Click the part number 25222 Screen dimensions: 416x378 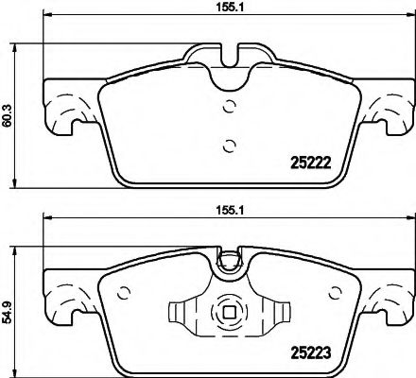tap(310, 163)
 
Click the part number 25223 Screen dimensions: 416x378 tap(310, 352)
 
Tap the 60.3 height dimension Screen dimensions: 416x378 tap(7, 116)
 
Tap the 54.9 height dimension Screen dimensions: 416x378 tap(7, 312)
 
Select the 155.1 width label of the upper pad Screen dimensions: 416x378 tap(230, 8)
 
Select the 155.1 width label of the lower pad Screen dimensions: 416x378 tap(230, 211)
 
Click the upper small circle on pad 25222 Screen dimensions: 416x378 tap(229, 106)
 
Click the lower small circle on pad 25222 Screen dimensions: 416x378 tap(229, 146)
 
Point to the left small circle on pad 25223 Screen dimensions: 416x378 tap(124, 293)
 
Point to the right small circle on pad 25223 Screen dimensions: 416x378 tap(335, 293)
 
